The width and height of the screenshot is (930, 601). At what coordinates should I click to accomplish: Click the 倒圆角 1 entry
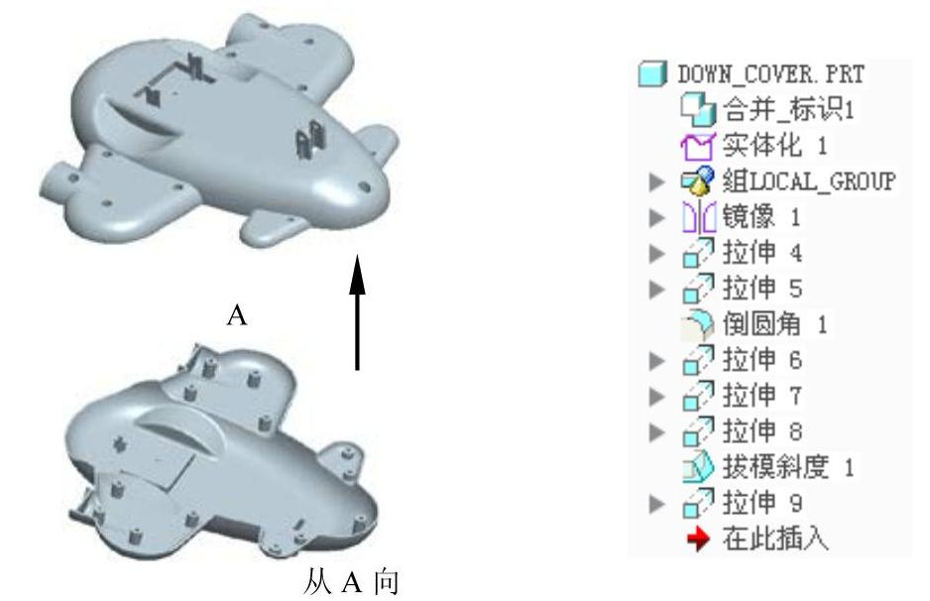768,324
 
